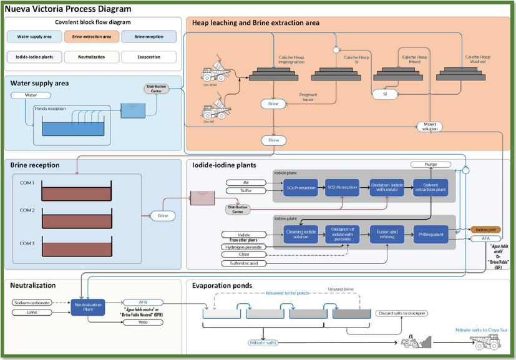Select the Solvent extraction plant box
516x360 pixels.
[x=430, y=188]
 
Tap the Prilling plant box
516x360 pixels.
[x=430, y=234]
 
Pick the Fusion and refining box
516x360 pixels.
[x=387, y=234]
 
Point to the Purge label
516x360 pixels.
[x=431, y=164]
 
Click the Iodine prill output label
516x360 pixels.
[x=485, y=230]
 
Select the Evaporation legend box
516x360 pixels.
[x=148, y=57]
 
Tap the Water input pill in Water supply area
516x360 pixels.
[x=31, y=95]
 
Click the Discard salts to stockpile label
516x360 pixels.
[x=401, y=313]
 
